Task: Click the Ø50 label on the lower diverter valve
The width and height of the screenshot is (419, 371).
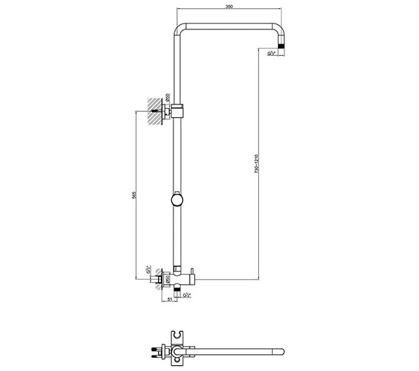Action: pyautogui.click(x=168, y=280)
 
